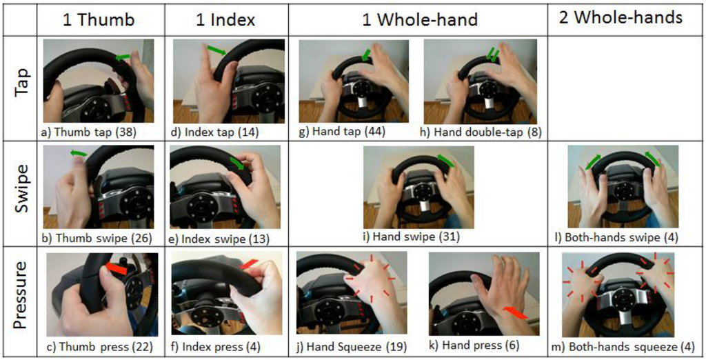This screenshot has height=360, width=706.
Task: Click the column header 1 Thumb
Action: [99, 20]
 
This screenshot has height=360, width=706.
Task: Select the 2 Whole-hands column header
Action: [621, 17]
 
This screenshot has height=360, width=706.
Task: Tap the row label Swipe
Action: [21, 188]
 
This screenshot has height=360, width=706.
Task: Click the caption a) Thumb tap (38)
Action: [88, 132]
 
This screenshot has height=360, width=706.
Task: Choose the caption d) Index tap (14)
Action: [216, 132]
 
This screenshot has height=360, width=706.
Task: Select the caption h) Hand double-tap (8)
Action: [483, 132]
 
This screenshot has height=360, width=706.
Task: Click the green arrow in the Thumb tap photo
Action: [123, 57]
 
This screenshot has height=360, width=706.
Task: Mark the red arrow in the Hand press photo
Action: [514, 312]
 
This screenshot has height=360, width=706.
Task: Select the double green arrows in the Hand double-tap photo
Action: [492, 55]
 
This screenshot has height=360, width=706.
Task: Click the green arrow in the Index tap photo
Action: [216, 50]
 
